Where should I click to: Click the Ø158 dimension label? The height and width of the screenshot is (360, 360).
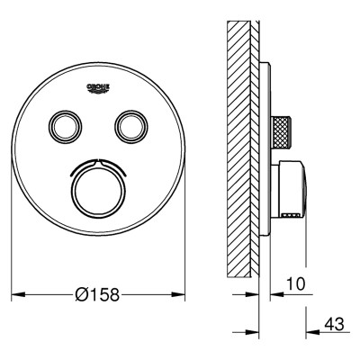click(97, 294)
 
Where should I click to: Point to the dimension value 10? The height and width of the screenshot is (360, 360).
click(295, 283)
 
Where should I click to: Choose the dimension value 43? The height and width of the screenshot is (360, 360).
click(334, 324)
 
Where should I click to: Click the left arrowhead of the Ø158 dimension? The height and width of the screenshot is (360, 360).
click(17, 294)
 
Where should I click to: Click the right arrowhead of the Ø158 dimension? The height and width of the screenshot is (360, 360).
click(178, 294)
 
